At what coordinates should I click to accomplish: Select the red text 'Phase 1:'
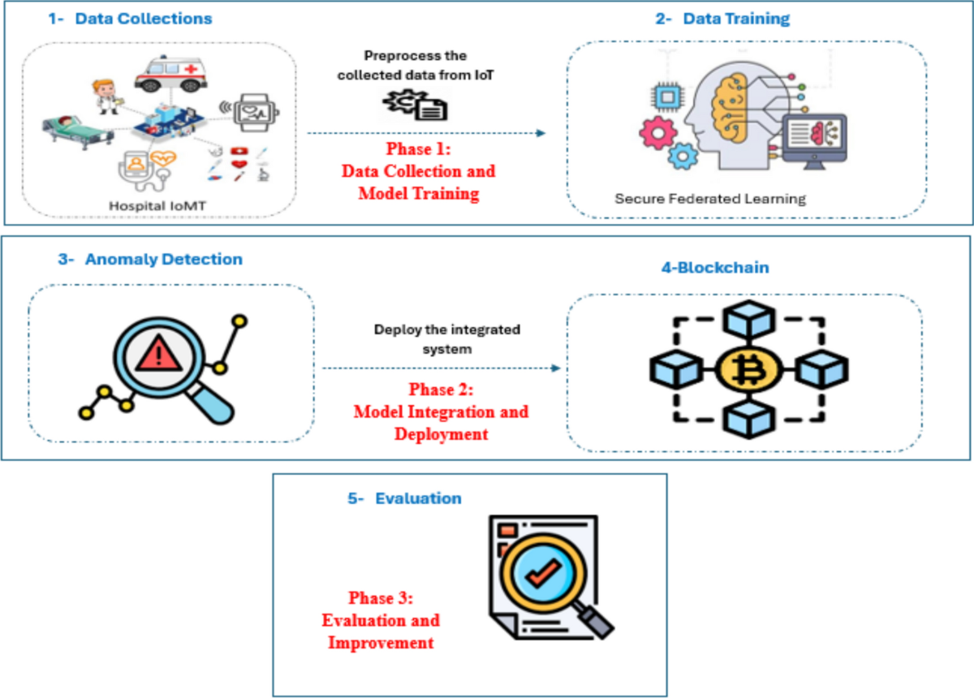(x=419, y=150)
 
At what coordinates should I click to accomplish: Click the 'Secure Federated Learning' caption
(x=710, y=198)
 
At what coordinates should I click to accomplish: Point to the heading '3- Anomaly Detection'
(x=151, y=260)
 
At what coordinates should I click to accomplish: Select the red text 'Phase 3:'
(x=381, y=599)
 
